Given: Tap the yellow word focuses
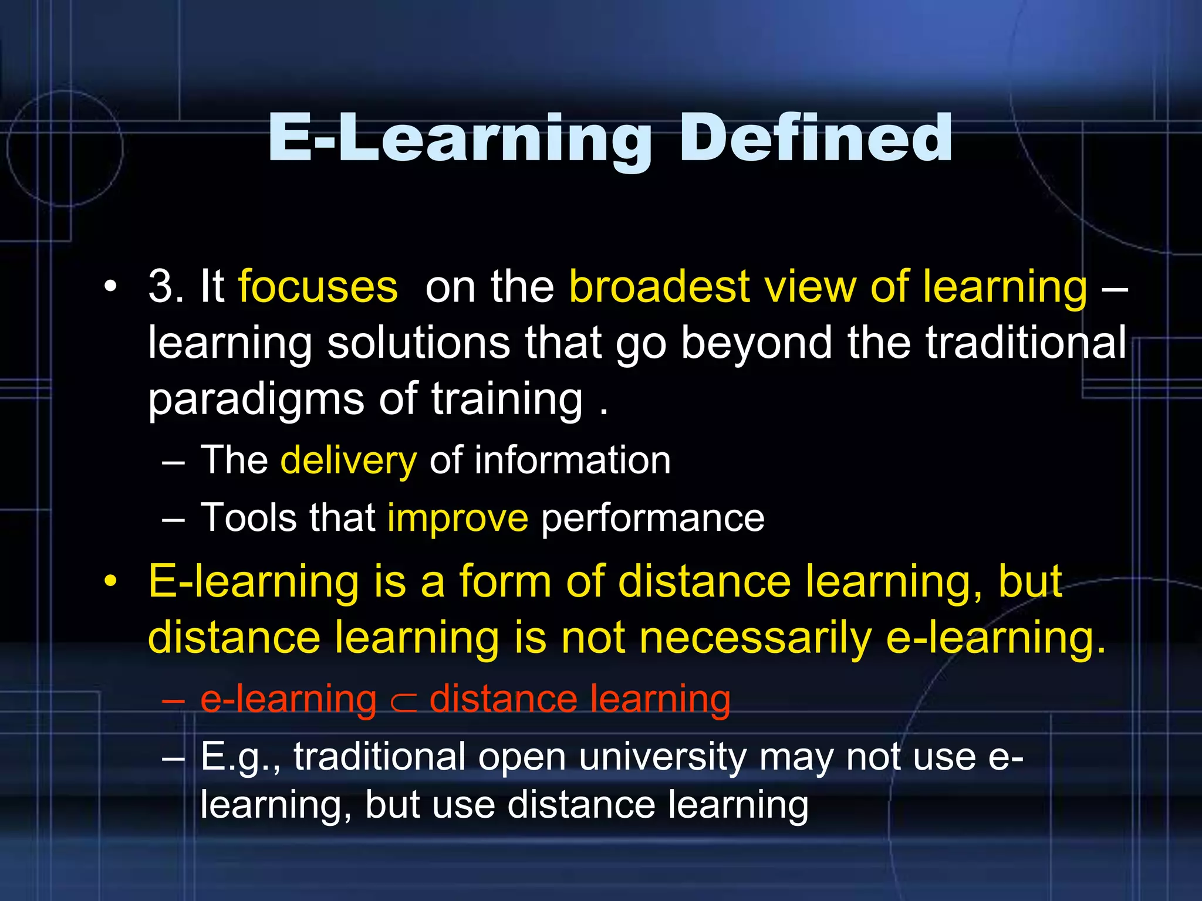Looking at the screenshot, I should tap(318, 286).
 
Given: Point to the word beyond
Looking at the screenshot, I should tap(757, 343).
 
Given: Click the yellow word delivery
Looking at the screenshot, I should tap(349, 460).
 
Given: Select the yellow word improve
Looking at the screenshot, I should tap(457, 518).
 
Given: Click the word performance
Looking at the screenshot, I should tap(653, 518).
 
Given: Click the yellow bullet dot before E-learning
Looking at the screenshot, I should tap(110, 582).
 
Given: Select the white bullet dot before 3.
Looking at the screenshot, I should tap(110, 287).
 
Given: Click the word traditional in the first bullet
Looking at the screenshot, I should tap(1025, 343).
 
